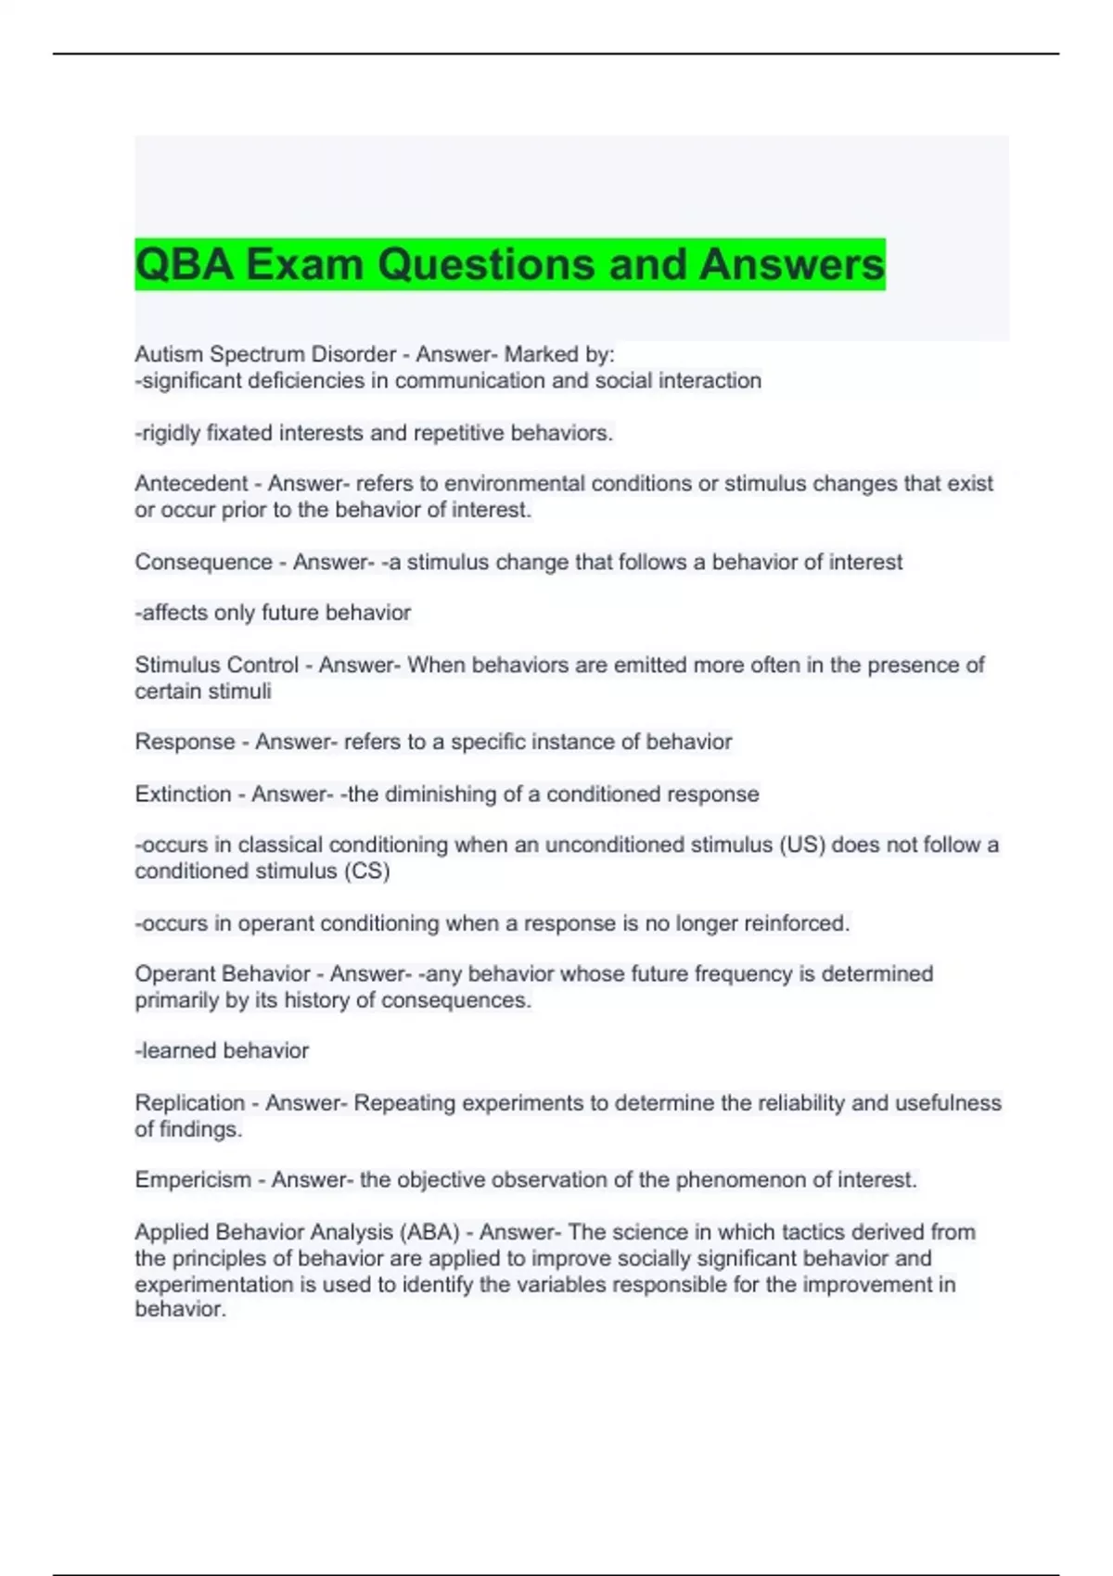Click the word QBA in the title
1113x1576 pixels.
pyautogui.click(x=184, y=264)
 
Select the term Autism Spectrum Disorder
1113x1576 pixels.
pyautogui.click(x=265, y=354)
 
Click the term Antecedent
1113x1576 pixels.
pyautogui.click(x=191, y=483)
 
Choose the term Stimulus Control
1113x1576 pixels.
pyautogui.click(x=216, y=665)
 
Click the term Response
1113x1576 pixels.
pyautogui.click(x=185, y=742)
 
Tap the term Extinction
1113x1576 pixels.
pyautogui.click(x=183, y=794)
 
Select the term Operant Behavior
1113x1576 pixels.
pyautogui.click(x=223, y=973)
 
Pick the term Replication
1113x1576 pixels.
pyautogui.click(x=190, y=1102)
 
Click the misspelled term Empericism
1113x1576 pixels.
pyautogui.click(x=193, y=1179)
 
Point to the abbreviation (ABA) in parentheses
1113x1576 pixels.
pyautogui.click(x=429, y=1232)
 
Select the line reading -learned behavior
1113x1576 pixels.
pyautogui.click(x=222, y=1050)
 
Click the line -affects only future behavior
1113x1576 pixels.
pyautogui.click(x=273, y=613)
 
